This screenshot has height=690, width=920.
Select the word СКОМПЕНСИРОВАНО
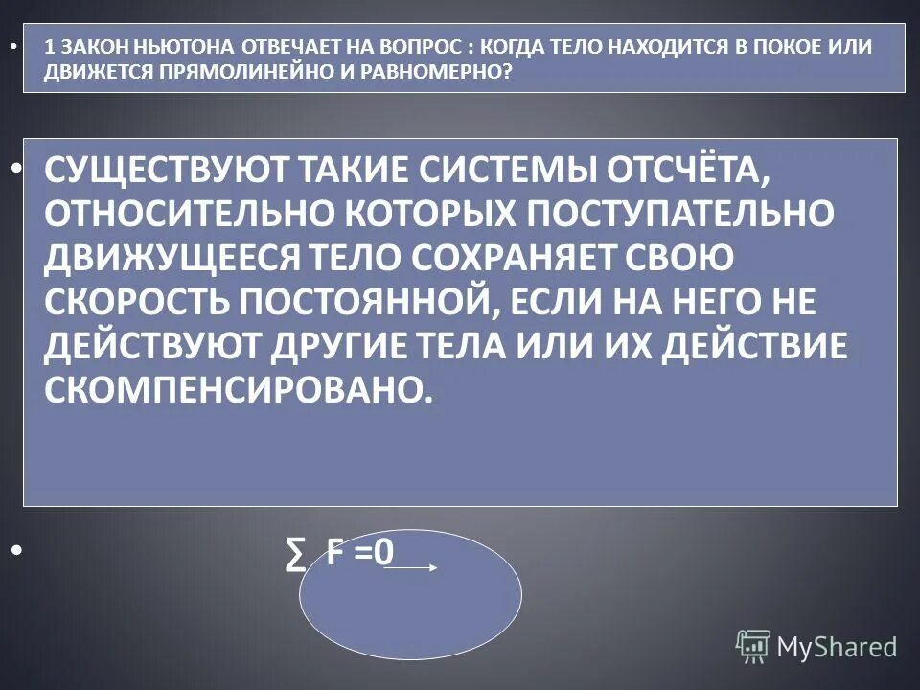233,390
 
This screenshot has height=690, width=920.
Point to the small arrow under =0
411,567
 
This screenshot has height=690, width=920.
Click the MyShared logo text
837,647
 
